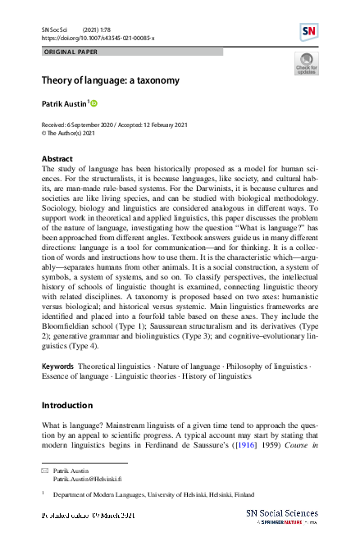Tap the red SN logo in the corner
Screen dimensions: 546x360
click(309, 32)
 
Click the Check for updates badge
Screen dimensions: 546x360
click(305, 64)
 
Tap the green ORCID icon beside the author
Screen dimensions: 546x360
click(94, 103)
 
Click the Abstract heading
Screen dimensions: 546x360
click(57, 158)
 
